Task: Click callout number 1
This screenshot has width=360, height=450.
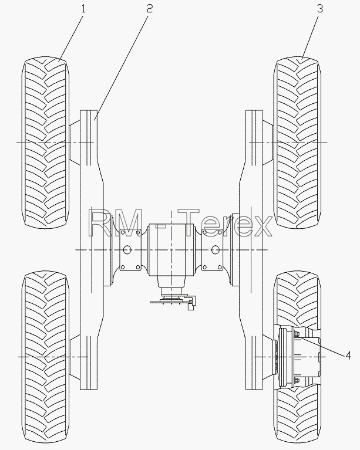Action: pos(83,9)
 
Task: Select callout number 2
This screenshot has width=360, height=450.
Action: pos(149,9)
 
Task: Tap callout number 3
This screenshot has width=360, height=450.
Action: pos(320,9)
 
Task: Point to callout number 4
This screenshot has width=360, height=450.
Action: pos(348,356)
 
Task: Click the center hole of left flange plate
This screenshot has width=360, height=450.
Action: pos(127,250)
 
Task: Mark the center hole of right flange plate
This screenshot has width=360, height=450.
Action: pos(215,250)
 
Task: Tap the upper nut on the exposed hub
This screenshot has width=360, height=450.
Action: pos(297,333)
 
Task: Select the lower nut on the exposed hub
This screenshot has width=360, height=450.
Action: pos(297,381)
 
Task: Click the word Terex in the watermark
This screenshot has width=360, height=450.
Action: pos(225,223)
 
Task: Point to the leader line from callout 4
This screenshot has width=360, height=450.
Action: pos(321,346)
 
